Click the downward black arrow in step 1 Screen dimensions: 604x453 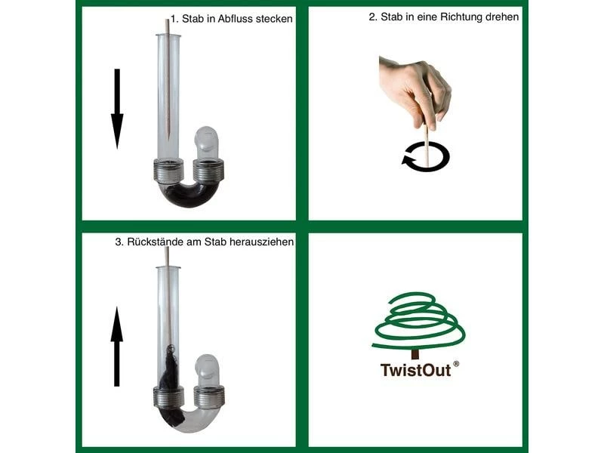click(x=117, y=109)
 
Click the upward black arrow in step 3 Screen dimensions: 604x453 click(x=117, y=347)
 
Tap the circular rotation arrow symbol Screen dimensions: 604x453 click(x=425, y=156)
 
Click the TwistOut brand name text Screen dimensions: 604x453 click(x=415, y=370)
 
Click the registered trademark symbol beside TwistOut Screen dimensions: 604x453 click(x=456, y=364)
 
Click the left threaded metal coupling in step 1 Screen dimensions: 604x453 click(x=168, y=170)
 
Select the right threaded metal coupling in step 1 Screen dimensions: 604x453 click(x=208, y=171)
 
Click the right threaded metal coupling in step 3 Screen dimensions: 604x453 click(x=209, y=396)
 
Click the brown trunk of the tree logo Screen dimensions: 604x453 click(x=414, y=353)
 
